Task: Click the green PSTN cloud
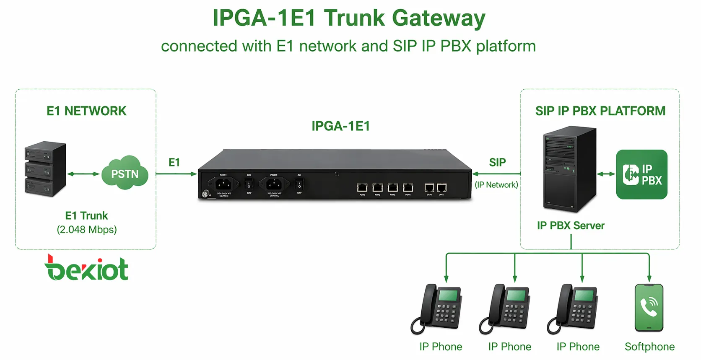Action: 125,173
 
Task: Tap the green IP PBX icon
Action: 641,174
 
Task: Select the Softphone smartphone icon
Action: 649,308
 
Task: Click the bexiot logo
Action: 86,268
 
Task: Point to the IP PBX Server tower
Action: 569,170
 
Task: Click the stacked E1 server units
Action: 45,169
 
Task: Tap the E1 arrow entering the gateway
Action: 176,174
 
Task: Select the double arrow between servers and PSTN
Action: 83,174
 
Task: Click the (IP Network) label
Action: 496,185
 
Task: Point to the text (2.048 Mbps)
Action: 87,230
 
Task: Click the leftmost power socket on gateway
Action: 223,184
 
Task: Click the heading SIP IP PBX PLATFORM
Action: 600,111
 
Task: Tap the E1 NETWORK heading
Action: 86,111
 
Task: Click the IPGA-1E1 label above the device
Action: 340,126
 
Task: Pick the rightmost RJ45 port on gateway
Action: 441,187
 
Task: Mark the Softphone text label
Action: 649,347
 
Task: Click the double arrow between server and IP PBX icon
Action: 606,174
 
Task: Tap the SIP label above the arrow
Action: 497,163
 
